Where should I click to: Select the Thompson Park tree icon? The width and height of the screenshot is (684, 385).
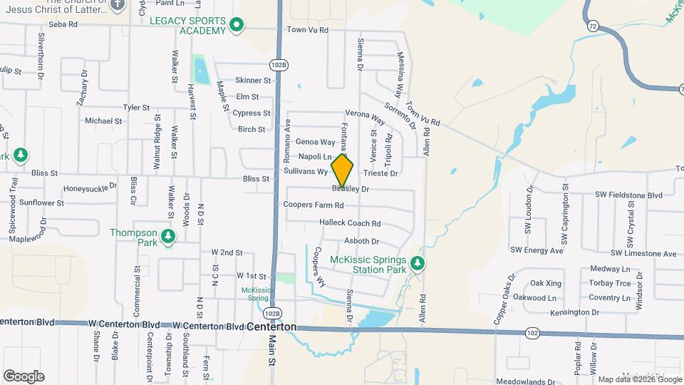(168, 236)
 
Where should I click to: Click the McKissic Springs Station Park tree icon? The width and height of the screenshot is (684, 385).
(418, 265)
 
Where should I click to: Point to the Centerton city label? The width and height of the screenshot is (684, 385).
(271, 327)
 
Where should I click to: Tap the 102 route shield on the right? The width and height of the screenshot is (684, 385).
(532, 333)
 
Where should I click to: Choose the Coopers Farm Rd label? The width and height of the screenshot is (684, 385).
(313, 205)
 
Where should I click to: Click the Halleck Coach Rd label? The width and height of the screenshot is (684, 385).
(350, 223)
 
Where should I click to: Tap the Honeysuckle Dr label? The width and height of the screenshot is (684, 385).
(90, 188)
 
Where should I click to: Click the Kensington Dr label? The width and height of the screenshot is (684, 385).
(575, 312)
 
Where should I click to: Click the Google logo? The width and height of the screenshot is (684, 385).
(24, 376)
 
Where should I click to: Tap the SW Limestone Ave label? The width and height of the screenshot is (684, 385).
(643, 254)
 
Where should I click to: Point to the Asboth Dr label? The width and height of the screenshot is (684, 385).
(361, 242)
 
